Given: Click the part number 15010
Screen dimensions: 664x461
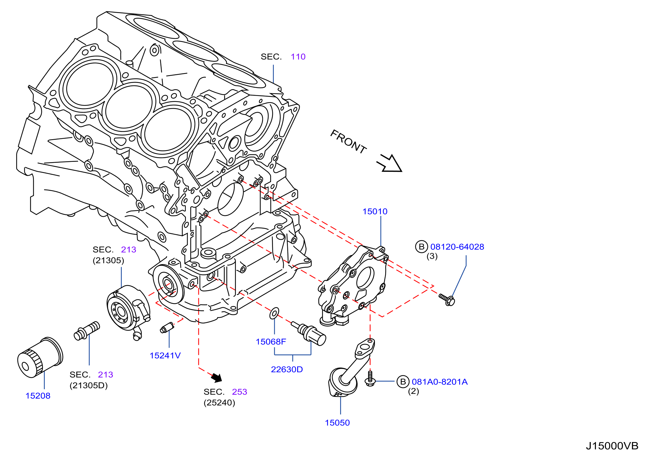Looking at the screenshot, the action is pos(375,212).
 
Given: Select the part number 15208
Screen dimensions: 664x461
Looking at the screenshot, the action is pos(38,396).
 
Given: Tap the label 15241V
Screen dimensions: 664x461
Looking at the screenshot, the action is pos(165,356).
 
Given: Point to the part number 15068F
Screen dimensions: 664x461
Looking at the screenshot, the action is pos(271,342).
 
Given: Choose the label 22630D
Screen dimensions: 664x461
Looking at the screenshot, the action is pos(287,369).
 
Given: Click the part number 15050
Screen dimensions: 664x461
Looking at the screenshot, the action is pos(337,423).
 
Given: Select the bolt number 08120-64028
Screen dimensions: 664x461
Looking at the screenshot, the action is pos(457,247).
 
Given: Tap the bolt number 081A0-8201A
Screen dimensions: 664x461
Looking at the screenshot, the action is pos(440,382).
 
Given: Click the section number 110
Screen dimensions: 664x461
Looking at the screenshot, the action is pos(298,57).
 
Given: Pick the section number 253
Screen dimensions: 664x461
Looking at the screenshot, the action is pos(240,392).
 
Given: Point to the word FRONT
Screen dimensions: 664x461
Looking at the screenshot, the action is pos(348,142).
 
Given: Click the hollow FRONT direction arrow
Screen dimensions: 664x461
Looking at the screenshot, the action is pos(390,163).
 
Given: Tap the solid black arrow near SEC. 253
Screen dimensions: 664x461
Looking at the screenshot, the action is pos(217,377).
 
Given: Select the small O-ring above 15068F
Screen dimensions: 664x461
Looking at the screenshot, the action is pos(274,313).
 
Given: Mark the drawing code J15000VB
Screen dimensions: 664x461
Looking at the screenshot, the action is pos(612,446).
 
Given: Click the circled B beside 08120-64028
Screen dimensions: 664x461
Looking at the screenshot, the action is pos(422,247).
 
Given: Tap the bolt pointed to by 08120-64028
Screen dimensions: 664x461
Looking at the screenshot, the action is pos(447,299).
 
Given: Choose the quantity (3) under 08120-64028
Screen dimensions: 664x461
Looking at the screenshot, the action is pos(432,256).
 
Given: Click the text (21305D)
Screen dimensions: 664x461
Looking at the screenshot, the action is pos(89,386).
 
